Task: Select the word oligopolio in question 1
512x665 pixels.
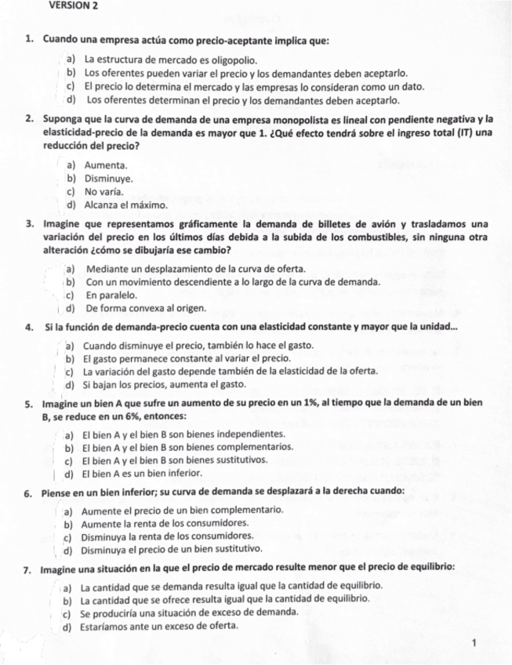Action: click(234, 60)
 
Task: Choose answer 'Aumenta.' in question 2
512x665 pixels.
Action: click(106, 166)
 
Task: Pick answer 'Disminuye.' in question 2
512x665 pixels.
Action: click(109, 179)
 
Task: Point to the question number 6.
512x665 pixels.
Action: click(28, 492)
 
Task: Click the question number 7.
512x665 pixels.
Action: click(28, 568)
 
